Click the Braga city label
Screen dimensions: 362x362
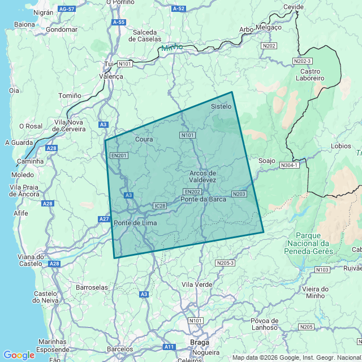pyautogui.click(x=200, y=342)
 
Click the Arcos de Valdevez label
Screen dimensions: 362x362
pyautogui.click(x=203, y=176)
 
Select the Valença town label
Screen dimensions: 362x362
pyautogui.click(x=111, y=76)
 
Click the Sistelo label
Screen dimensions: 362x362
pyautogui.click(x=221, y=106)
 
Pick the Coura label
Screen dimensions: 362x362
pyautogui.click(x=145, y=139)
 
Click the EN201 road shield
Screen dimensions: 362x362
pyautogui.click(x=119, y=156)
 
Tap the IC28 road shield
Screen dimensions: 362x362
pyautogui.click(x=160, y=206)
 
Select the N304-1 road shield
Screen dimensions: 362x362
pyautogui.click(x=289, y=165)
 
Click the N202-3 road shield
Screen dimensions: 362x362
pyautogui.click(x=303, y=61)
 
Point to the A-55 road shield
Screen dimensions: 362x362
pyautogui.click(x=118, y=22)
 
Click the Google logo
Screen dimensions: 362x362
pyautogui.click(x=19, y=355)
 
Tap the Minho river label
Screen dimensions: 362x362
pyautogui.click(x=173, y=48)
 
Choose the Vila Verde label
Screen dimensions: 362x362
pyautogui.click(x=197, y=284)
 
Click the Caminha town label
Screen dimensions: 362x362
pyautogui.click(x=30, y=161)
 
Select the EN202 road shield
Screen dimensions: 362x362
pyautogui.click(x=192, y=192)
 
